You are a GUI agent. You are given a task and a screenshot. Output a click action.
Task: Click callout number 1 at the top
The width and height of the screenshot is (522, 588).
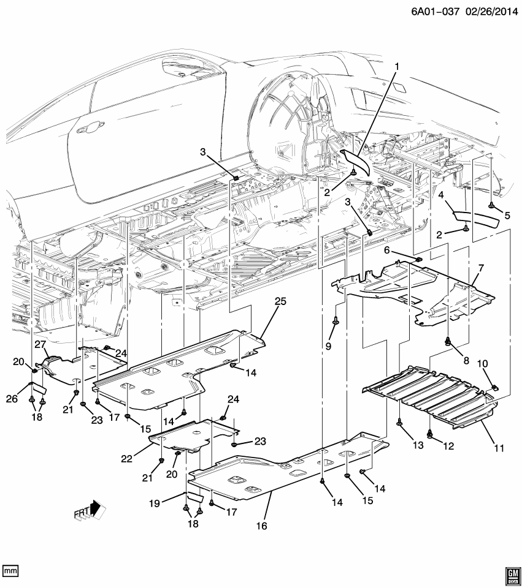point(396,66)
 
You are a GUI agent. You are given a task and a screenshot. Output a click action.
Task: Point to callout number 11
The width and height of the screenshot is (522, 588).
point(499,448)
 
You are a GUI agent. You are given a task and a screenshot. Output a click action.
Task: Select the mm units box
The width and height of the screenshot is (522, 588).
point(10,571)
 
